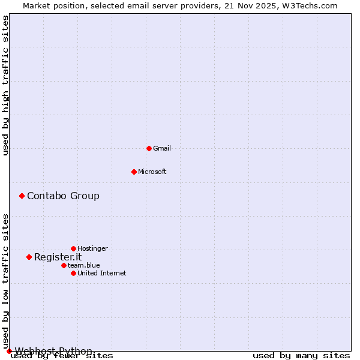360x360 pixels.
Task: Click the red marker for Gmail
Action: point(149,148)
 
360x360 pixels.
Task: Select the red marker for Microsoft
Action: point(134,172)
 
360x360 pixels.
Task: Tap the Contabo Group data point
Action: point(22,196)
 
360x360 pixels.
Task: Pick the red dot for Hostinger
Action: point(73,248)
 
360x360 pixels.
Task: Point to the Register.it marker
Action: point(29,257)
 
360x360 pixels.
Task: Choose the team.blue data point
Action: point(64,265)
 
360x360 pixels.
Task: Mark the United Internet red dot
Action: point(73,273)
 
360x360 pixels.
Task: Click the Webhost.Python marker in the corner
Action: point(9,351)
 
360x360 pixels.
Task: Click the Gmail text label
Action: point(162,148)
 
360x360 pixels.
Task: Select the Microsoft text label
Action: point(152,172)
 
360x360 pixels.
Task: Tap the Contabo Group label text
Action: point(63,196)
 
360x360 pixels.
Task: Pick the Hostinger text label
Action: point(92,248)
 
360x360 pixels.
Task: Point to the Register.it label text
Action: point(58,257)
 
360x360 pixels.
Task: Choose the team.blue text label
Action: point(84,265)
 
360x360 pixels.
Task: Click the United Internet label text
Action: point(102,273)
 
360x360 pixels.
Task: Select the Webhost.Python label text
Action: point(53,351)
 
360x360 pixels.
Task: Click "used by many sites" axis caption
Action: point(301,356)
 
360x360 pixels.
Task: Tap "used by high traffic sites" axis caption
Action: point(6,85)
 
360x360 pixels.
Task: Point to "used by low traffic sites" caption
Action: point(6,281)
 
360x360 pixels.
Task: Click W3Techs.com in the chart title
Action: point(311,5)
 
